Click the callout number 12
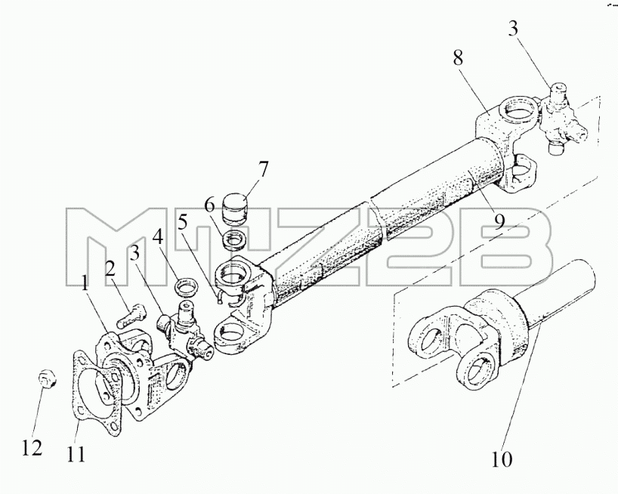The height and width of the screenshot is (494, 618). (x=32, y=447)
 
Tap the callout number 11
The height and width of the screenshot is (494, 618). (x=76, y=455)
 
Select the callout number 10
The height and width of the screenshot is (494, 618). (x=502, y=459)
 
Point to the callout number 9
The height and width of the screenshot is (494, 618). (x=499, y=222)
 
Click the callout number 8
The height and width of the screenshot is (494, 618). (x=458, y=58)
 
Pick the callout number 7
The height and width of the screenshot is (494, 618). (x=263, y=169)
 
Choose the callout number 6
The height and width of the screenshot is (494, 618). (x=210, y=205)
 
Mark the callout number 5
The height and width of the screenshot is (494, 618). (x=182, y=224)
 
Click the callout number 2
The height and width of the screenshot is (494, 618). (x=110, y=269)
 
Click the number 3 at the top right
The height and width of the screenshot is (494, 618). (x=513, y=29)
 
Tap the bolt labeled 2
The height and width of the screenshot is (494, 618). (x=131, y=316)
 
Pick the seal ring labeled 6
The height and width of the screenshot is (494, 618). (x=235, y=240)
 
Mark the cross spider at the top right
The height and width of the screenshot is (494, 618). (x=561, y=120)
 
